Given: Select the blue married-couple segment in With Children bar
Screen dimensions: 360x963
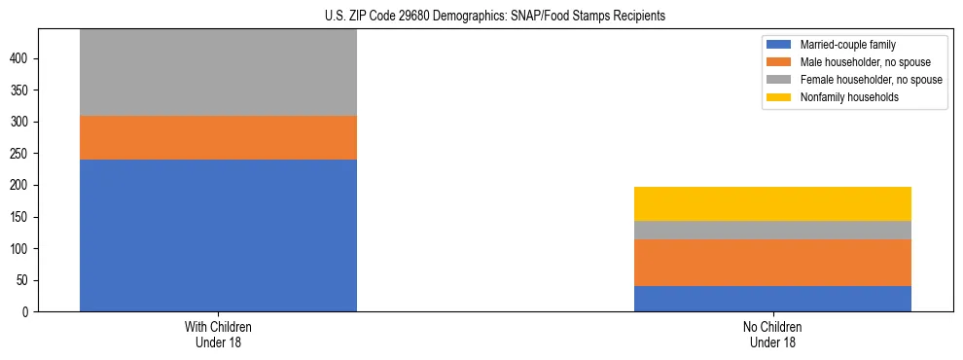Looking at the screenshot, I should click(x=218, y=234).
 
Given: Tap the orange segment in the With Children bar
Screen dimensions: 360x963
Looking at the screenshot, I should click(x=218, y=137).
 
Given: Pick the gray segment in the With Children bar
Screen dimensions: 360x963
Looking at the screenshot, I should click(x=218, y=72).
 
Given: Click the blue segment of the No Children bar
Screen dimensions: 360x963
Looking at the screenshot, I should click(x=772, y=298).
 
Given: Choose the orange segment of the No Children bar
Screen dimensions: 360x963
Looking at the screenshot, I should click(x=772, y=263).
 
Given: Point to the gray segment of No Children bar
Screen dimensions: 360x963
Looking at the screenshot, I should click(x=772, y=230).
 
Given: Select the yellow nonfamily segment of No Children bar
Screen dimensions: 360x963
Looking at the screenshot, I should click(x=772, y=203).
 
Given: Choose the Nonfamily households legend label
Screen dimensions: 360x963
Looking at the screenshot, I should click(x=848, y=97).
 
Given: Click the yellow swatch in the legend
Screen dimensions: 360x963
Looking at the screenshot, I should click(x=780, y=97).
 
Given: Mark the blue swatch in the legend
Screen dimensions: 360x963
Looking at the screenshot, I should click(x=780, y=45).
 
